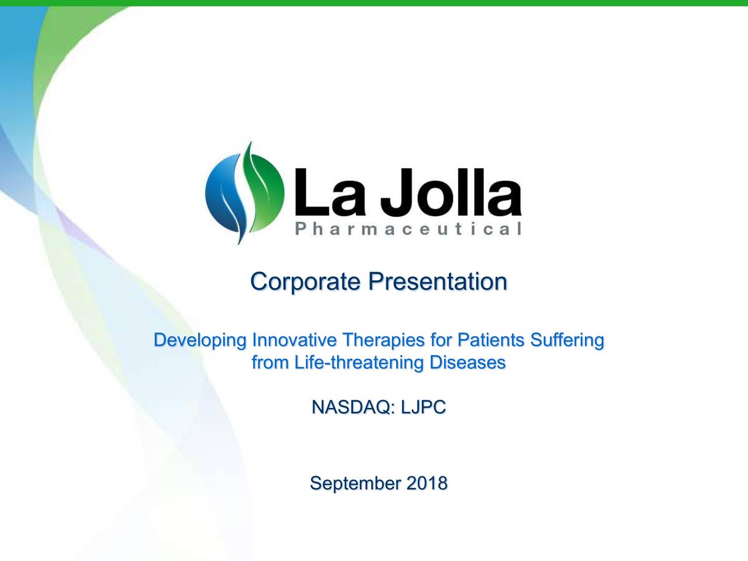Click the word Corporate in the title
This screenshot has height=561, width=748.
coord(305,282)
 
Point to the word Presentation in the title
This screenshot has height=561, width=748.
coord(437,282)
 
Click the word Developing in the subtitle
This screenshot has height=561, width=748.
coord(200,340)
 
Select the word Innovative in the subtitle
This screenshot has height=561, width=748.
coord(294,340)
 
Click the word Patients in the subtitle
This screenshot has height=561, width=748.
coord(491,340)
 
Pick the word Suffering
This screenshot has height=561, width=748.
coord(566,340)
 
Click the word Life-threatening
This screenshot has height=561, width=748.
coord(359,363)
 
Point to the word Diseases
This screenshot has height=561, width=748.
coord(467,362)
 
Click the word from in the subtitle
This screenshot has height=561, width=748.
coord(270,363)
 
